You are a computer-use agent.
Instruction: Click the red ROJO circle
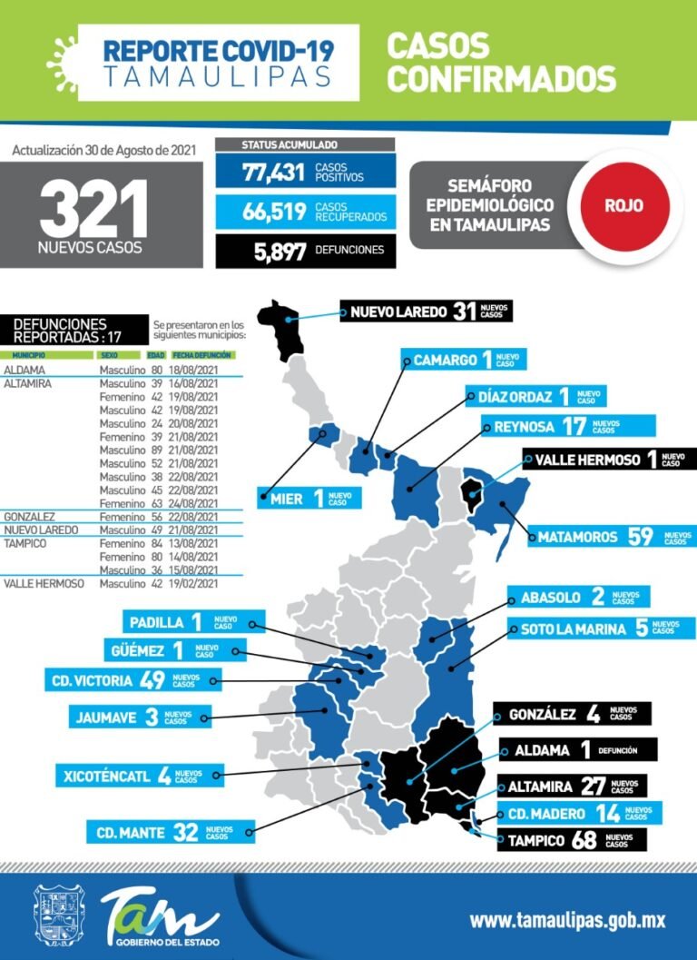[x=624, y=205]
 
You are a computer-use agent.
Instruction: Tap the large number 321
[x=93, y=210]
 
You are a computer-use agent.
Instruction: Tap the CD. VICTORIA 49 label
[x=127, y=679]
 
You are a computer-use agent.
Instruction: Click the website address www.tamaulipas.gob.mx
[x=567, y=919]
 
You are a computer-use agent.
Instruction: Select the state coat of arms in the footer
[x=59, y=917]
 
